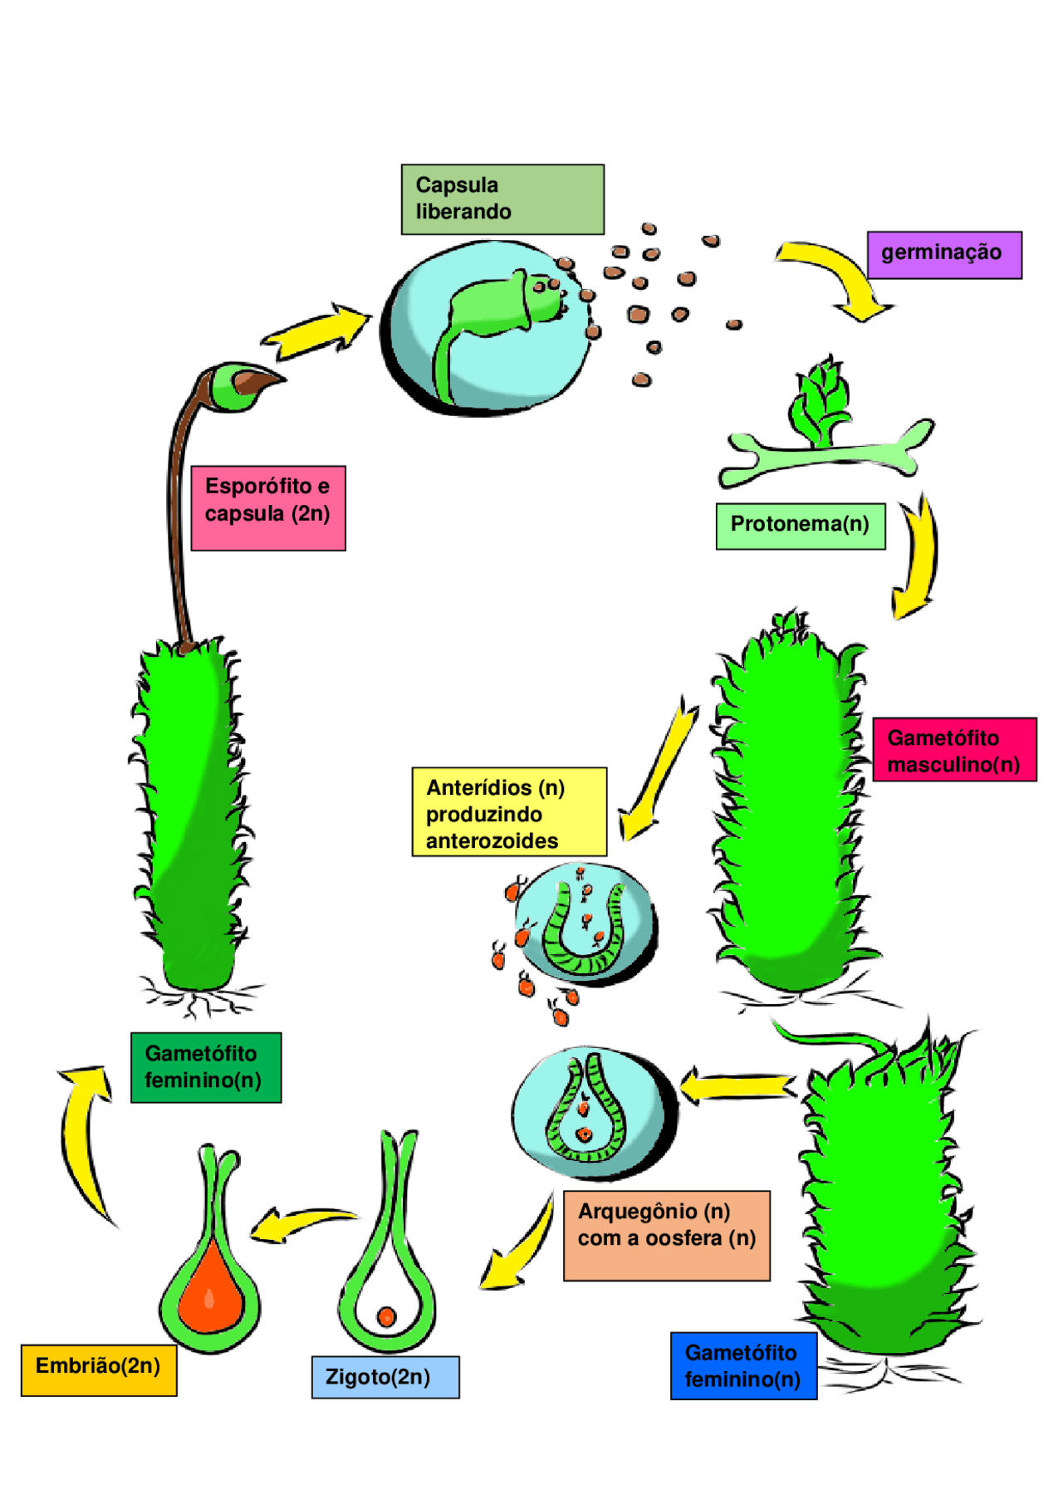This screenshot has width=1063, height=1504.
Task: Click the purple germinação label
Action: point(944,255)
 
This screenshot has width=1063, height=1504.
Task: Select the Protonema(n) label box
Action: point(801,526)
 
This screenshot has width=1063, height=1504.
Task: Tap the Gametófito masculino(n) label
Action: point(954,749)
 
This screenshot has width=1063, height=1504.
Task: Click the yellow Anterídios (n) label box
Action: point(509,811)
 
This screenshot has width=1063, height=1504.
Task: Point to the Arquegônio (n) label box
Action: point(666,1235)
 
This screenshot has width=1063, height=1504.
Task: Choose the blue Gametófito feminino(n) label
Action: point(743,1365)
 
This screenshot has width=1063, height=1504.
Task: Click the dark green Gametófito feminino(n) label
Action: point(206,1067)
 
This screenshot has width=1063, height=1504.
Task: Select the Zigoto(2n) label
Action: point(385,1377)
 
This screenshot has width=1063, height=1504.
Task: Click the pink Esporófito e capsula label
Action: point(268,508)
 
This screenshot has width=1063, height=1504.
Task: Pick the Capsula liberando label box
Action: point(502,199)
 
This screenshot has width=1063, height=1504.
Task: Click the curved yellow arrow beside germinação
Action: point(839,274)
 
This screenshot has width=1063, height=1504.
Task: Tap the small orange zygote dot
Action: point(386,1316)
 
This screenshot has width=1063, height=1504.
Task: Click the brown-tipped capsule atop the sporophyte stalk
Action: point(242,386)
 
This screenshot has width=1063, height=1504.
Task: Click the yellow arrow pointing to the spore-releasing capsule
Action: point(316,332)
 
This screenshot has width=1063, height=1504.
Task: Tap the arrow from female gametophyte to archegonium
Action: point(737,1086)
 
